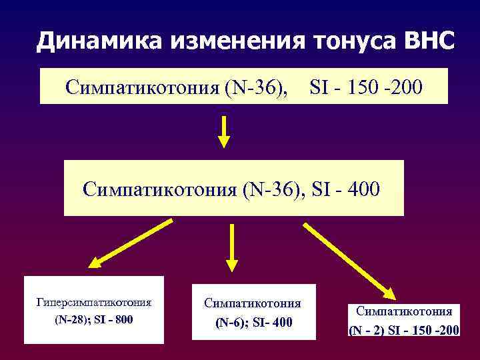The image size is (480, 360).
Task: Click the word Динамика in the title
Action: coord(99,42)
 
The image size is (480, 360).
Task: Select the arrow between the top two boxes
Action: coord(225,131)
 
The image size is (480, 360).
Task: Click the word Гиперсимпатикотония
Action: coord(94,302)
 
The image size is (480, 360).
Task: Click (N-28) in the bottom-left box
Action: coord(69,319)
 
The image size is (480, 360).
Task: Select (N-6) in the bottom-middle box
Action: coord(232,323)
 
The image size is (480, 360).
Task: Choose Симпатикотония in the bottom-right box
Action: coord(404,311)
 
